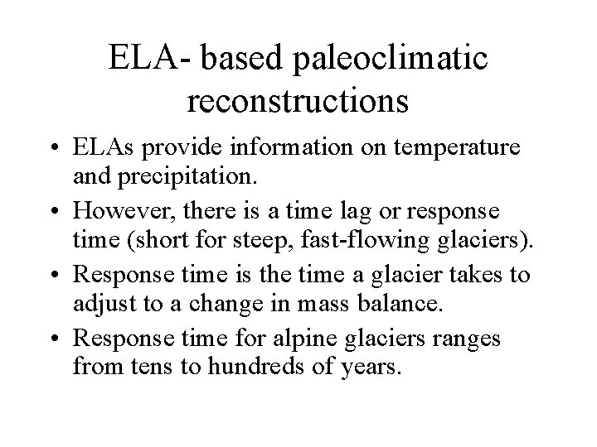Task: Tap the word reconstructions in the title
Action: (x=298, y=100)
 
